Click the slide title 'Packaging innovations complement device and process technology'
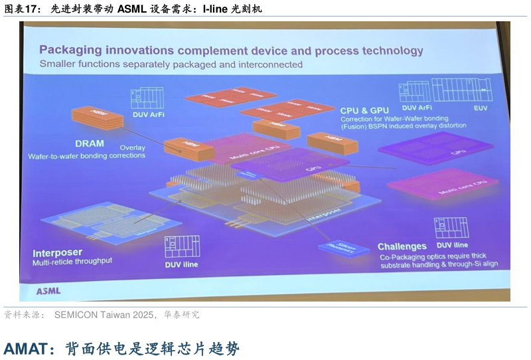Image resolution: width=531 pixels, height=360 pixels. tap(231, 50)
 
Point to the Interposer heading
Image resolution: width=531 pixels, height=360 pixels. tap(57, 253)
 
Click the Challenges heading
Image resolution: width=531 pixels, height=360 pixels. tap(402, 246)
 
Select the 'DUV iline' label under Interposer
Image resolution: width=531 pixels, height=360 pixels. tap(181, 264)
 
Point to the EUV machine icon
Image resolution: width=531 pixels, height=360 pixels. tap(461, 90)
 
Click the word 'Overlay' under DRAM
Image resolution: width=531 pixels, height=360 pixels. tap(132, 147)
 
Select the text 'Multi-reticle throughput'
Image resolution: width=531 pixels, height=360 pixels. tap(72, 262)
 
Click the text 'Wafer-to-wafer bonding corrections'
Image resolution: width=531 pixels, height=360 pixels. tap(86, 156)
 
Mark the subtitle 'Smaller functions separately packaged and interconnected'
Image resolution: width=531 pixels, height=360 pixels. tap(171, 64)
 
